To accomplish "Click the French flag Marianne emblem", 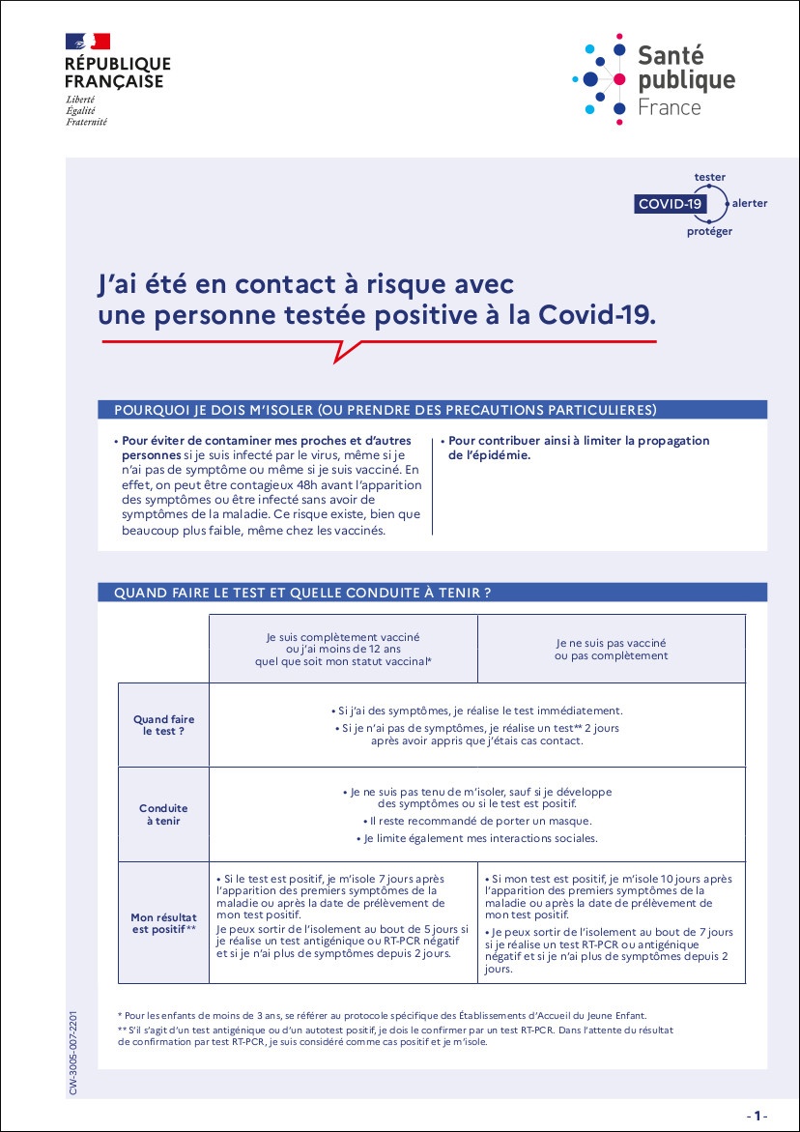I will (88, 42).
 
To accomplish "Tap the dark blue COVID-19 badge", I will (670, 204).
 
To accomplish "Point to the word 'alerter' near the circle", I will (750, 204).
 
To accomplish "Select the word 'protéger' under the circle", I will (709, 231).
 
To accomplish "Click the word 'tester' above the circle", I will (709, 177).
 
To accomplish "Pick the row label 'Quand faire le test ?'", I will (163, 725).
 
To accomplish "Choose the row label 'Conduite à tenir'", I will (163, 814).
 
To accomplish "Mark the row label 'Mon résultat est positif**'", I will (163, 922).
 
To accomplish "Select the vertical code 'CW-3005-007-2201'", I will (74, 1052).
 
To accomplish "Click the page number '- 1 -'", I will (757, 1116).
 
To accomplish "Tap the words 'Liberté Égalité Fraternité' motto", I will (86, 111).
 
